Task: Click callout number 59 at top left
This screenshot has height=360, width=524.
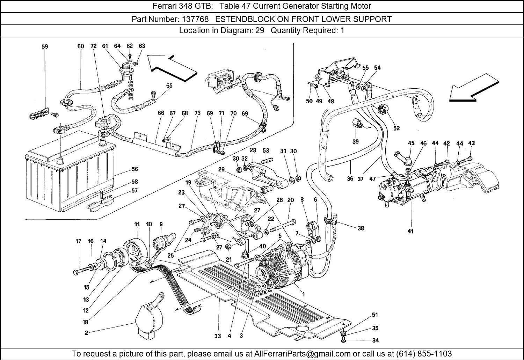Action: (x=45, y=46)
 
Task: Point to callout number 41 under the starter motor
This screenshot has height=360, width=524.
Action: (x=410, y=231)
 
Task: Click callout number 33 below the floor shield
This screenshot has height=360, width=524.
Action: (x=218, y=336)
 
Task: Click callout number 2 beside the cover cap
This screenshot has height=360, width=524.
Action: (x=86, y=333)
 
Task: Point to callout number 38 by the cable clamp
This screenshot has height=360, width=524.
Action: (x=361, y=228)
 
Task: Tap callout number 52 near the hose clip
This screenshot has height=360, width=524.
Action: (x=396, y=128)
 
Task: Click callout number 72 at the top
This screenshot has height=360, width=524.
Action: (x=93, y=46)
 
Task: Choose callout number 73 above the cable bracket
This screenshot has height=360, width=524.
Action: (x=197, y=113)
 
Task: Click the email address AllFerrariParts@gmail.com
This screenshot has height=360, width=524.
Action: (x=306, y=354)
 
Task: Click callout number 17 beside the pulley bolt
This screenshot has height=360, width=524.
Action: (x=79, y=241)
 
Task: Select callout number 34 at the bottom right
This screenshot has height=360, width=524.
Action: (x=375, y=340)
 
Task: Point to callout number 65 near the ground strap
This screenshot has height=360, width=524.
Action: (x=169, y=86)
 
